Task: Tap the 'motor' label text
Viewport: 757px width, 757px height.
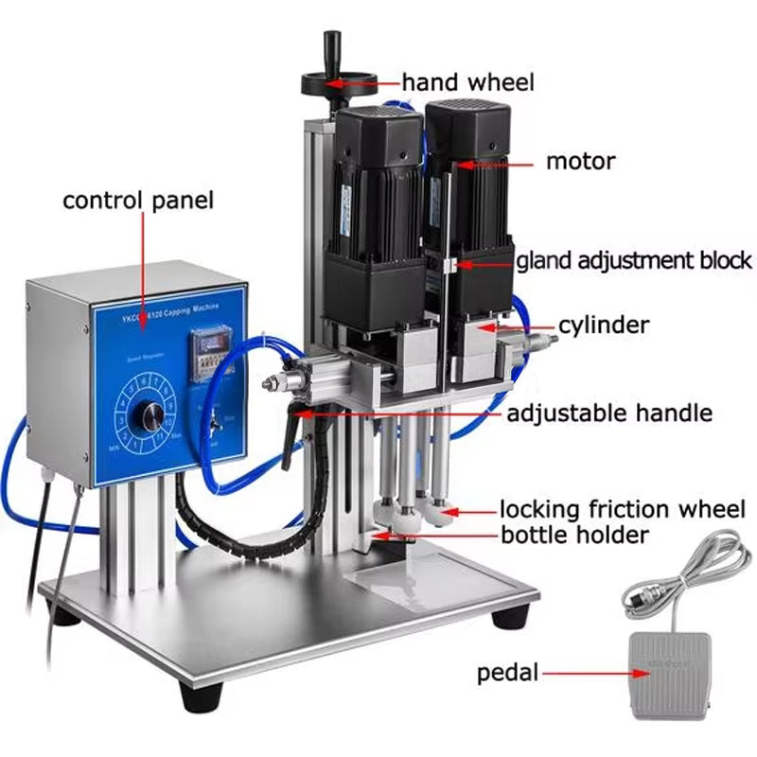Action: click(x=580, y=161)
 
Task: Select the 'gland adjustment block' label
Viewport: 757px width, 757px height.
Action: click(x=633, y=260)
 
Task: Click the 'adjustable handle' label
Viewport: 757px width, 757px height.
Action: click(x=609, y=414)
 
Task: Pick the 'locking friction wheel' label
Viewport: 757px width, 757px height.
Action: click(x=622, y=509)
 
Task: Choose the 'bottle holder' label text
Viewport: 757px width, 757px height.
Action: click(x=574, y=536)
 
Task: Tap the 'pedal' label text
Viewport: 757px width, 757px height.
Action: click(x=508, y=674)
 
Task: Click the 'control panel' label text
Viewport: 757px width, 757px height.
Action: click(x=138, y=201)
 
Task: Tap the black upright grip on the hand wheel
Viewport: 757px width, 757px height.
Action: click(x=331, y=47)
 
